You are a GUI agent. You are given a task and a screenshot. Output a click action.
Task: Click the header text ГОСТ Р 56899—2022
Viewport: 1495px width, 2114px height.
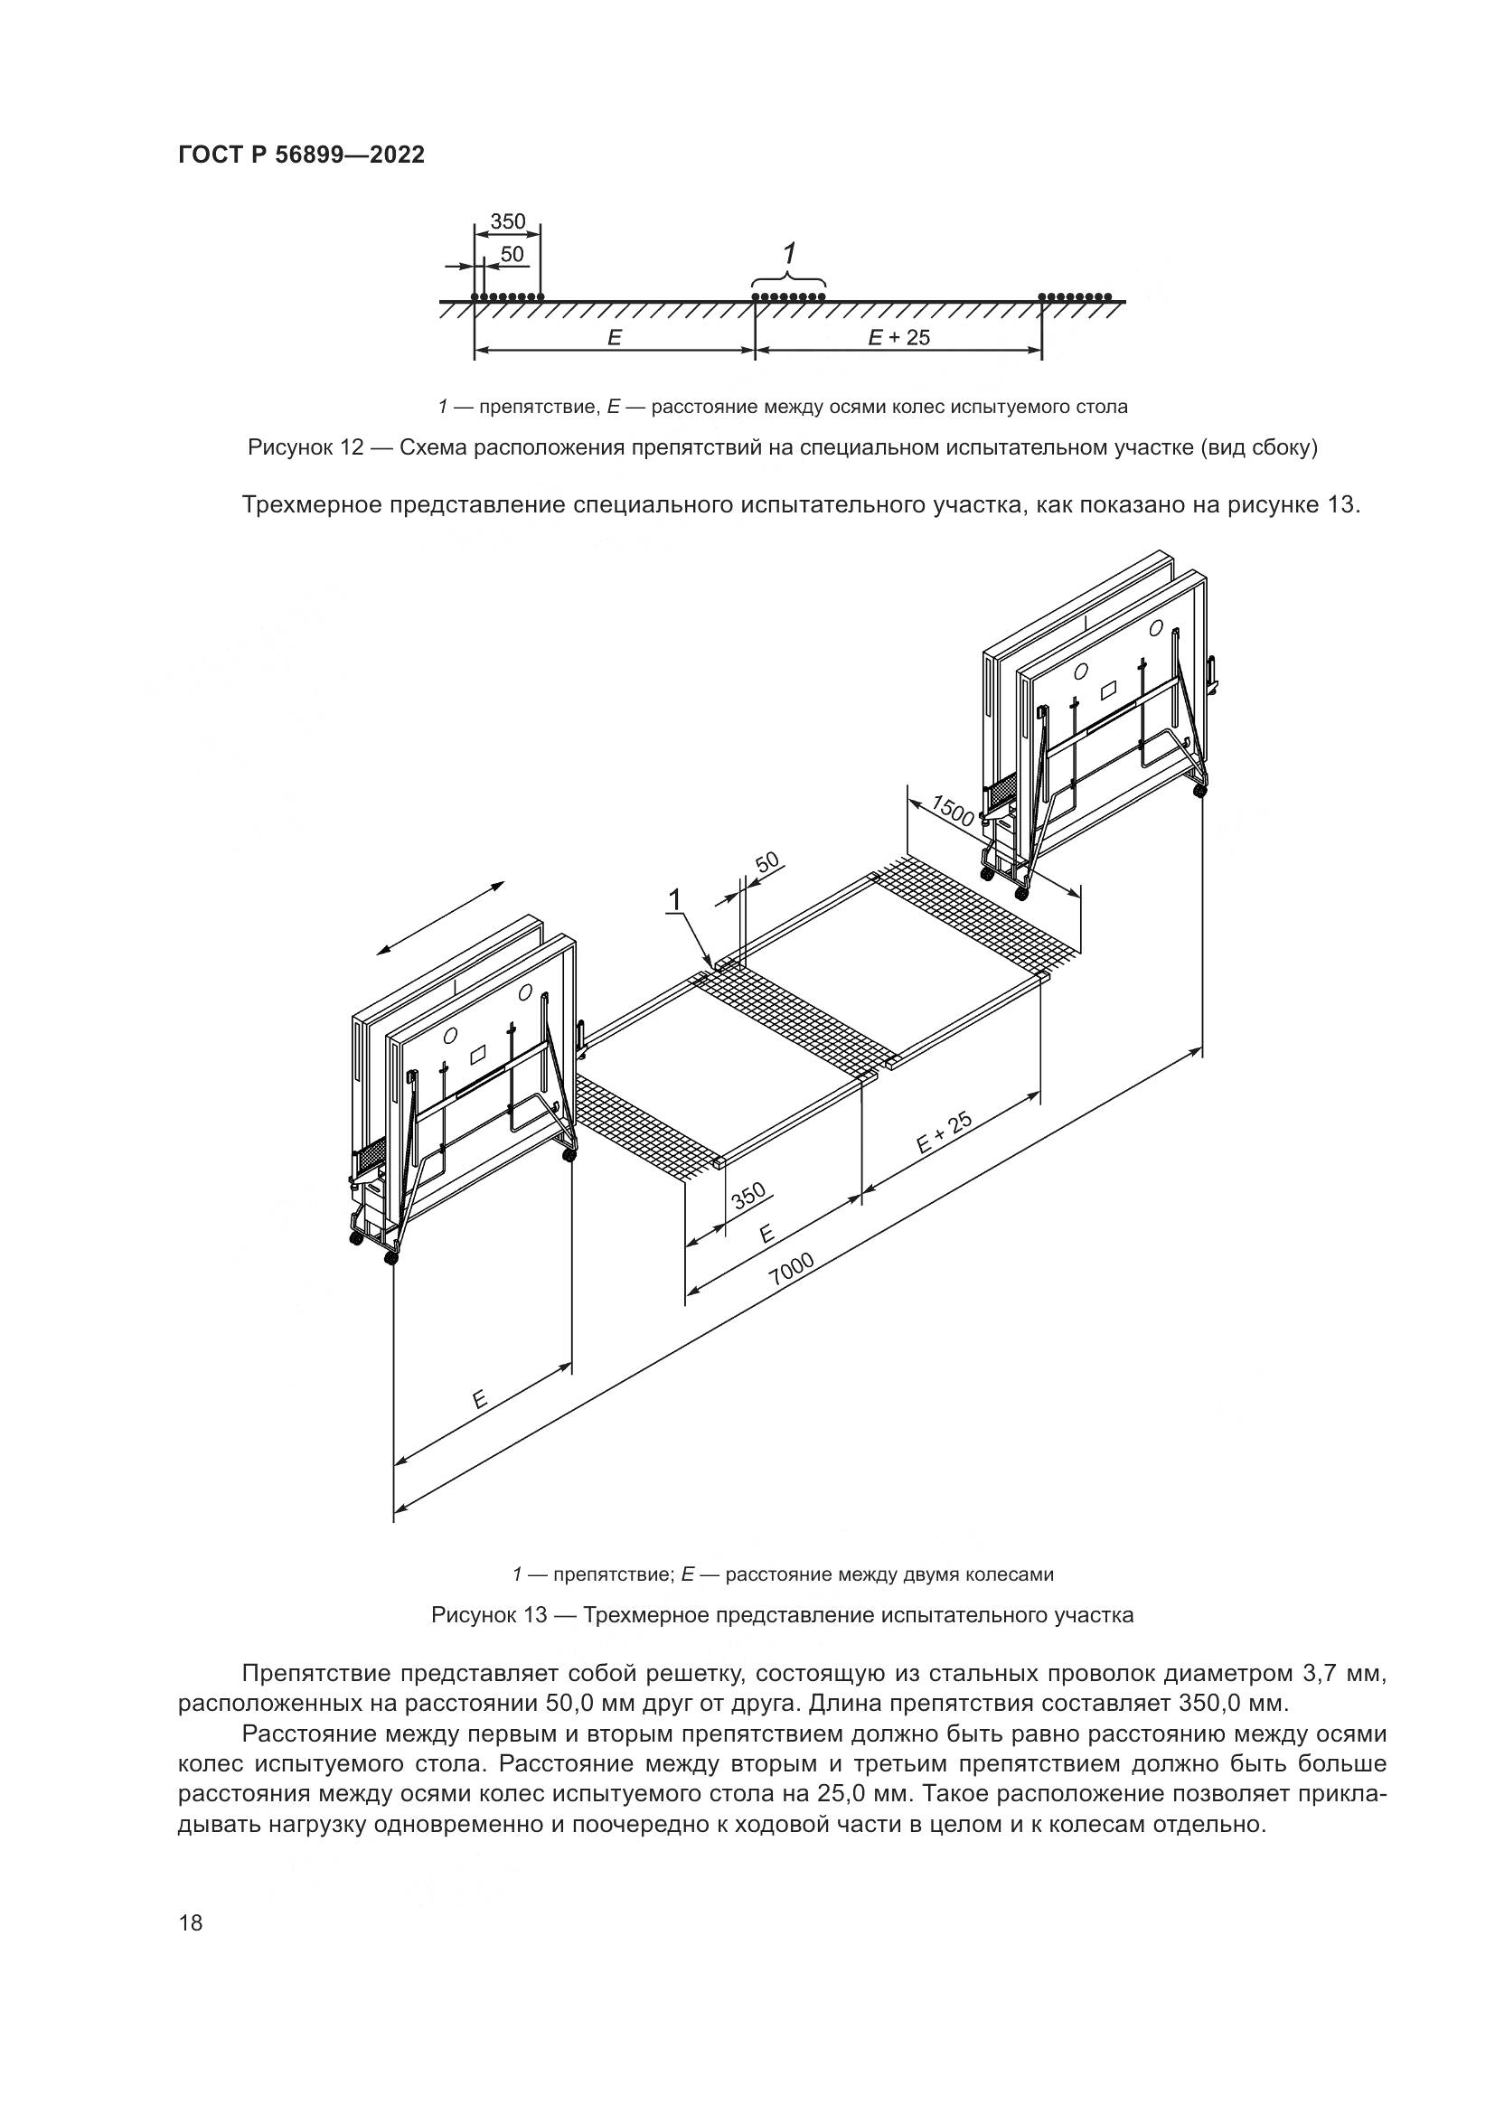coord(301,155)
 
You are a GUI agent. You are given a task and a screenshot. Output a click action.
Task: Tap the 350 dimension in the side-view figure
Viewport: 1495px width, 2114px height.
coord(507,221)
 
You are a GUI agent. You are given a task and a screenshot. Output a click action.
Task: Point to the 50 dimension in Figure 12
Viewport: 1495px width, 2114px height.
coord(511,253)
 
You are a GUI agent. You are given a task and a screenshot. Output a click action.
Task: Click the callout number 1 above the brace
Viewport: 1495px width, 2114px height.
coord(789,253)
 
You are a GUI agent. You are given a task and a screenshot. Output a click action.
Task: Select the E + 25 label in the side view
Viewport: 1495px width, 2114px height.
coord(898,338)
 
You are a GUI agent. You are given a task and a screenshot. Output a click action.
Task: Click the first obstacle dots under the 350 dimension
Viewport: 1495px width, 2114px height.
coord(506,296)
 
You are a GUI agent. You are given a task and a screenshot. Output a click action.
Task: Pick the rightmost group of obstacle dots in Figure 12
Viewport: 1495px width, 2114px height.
coord(1076,296)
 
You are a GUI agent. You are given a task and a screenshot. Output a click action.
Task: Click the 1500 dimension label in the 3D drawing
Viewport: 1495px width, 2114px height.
coord(953,810)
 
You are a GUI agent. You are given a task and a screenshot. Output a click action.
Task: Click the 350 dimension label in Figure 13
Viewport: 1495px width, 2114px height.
coord(748,1196)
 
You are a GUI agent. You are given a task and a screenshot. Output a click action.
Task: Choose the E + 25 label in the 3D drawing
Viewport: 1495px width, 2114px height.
coord(945,1132)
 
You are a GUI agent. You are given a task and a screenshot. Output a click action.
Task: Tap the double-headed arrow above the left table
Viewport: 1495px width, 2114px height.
coord(441,918)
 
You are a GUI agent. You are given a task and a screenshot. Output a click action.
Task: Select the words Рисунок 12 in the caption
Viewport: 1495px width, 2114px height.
coord(306,448)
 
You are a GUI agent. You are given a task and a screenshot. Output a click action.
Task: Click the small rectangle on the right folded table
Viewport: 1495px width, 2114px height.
coord(1109,688)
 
